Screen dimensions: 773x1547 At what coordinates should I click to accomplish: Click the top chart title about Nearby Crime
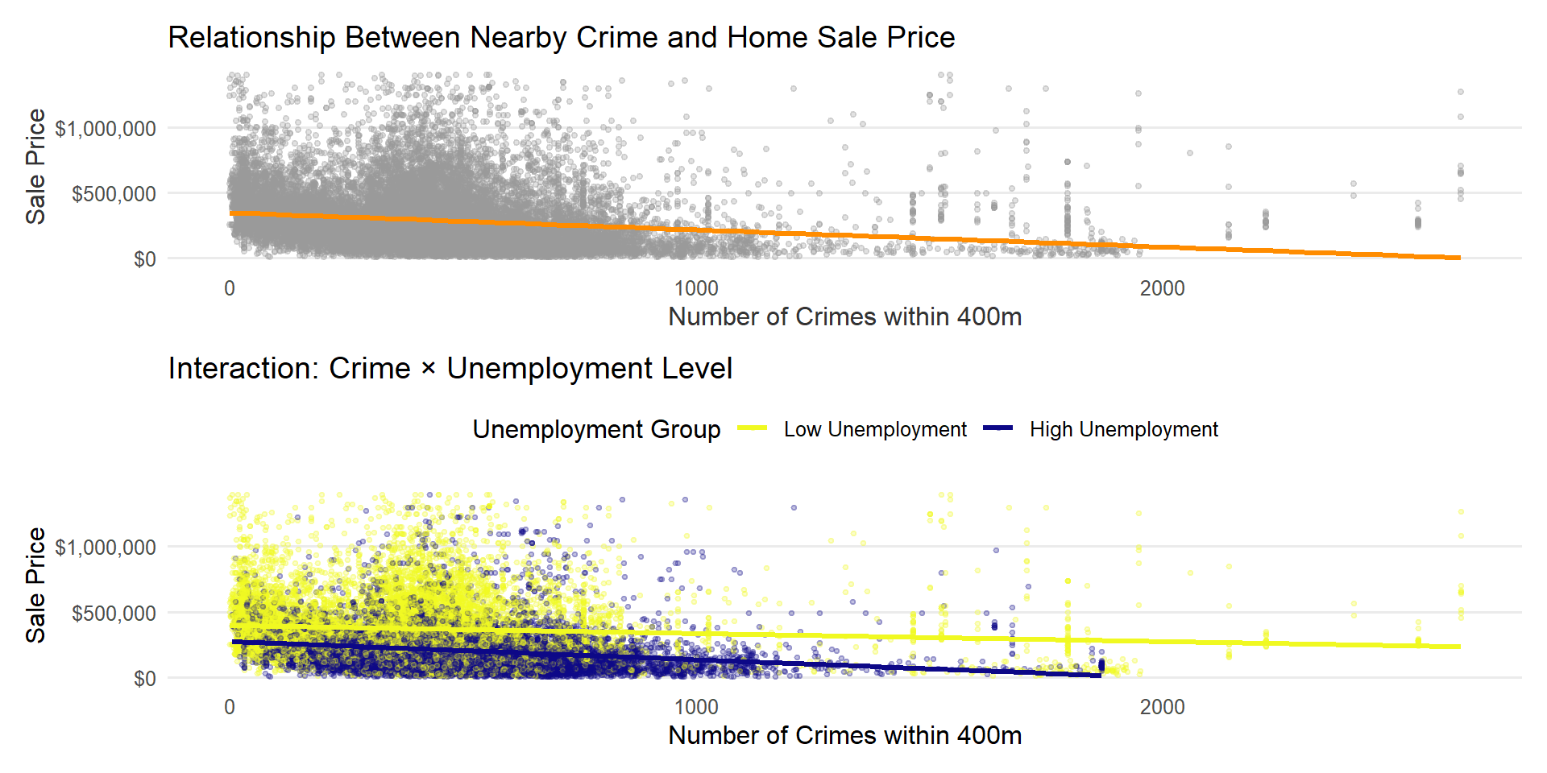[x=561, y=38]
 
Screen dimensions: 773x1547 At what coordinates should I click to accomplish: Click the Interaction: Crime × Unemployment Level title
[x=450, y=369]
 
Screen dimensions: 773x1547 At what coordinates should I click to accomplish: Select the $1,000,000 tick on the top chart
[x=106, y=129]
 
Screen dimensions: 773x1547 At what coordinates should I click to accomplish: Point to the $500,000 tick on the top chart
[x=114, y=194]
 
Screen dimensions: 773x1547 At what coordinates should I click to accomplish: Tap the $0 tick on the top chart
[x=145, y=259]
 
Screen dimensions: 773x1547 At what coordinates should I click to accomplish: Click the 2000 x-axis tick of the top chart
[x=1162, y=288]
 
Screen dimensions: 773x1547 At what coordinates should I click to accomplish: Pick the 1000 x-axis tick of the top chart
[x=696, y=288]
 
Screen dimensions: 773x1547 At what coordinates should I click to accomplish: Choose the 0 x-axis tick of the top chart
[x=230, y=288]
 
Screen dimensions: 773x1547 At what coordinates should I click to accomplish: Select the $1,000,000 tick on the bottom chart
[x=106, y=548]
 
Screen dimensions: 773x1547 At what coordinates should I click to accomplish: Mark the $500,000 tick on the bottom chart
[x=114, y=614]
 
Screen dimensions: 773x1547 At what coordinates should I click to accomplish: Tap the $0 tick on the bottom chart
[x=145, y=679]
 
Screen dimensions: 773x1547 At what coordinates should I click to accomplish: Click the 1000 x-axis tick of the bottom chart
[x=696, y=707]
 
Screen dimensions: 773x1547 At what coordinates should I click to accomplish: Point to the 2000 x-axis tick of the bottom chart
[x=1162, y=707]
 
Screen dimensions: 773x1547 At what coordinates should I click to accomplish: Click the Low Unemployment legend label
[x=875, y=430]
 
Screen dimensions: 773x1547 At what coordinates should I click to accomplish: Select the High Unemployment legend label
[x=1123, y=430]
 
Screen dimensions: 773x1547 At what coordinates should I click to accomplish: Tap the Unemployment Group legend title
[x=596, y=430]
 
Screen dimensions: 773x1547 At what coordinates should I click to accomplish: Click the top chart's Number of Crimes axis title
[x=844, y=317]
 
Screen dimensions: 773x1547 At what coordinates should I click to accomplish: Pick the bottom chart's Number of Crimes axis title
[x=844, y=736]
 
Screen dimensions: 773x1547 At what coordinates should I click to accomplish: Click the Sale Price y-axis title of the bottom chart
[x=35, y=585]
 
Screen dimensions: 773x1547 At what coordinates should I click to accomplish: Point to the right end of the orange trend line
[x=1459, y=258]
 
